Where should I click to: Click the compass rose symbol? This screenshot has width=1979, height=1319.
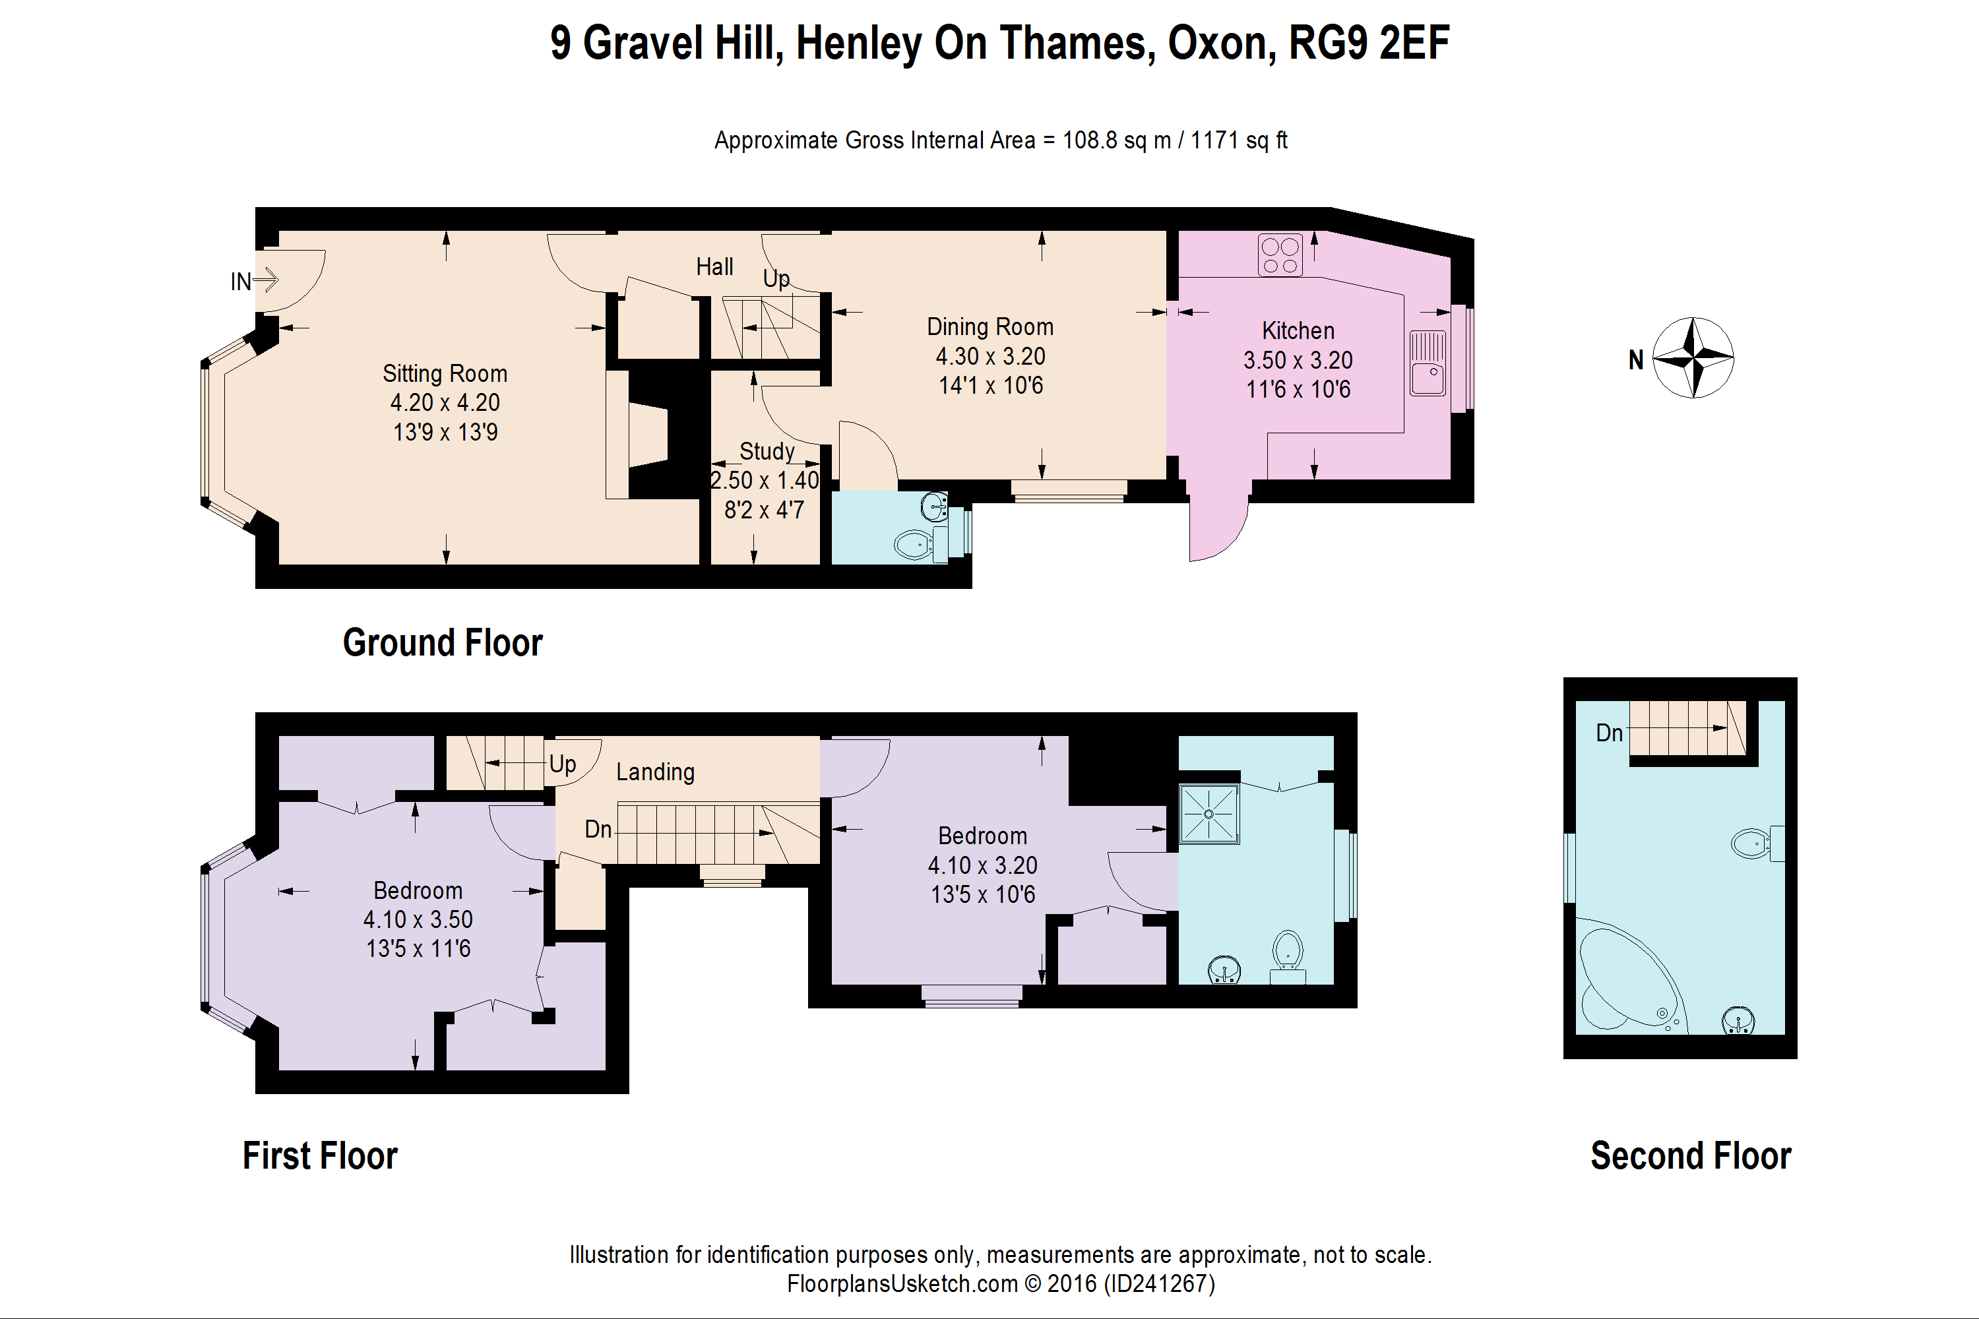1693,357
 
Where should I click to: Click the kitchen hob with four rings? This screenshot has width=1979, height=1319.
1280,255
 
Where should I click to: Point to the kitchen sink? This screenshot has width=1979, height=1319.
1428,363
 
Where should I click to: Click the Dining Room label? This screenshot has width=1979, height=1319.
989,326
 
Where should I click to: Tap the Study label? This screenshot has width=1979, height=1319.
767,452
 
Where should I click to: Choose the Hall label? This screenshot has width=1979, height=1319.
714,266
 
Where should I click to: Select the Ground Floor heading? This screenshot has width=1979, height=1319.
443,642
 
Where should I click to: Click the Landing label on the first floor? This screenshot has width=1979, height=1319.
656,772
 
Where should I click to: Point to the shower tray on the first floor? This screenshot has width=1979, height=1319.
1209,813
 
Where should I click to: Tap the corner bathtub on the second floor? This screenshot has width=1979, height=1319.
1631,977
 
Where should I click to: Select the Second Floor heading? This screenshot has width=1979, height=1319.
1690,1156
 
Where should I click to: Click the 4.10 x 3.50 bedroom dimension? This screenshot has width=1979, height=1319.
418,919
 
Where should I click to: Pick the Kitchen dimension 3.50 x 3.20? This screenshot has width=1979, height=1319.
1298,360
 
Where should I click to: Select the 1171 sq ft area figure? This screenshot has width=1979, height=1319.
1239,140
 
